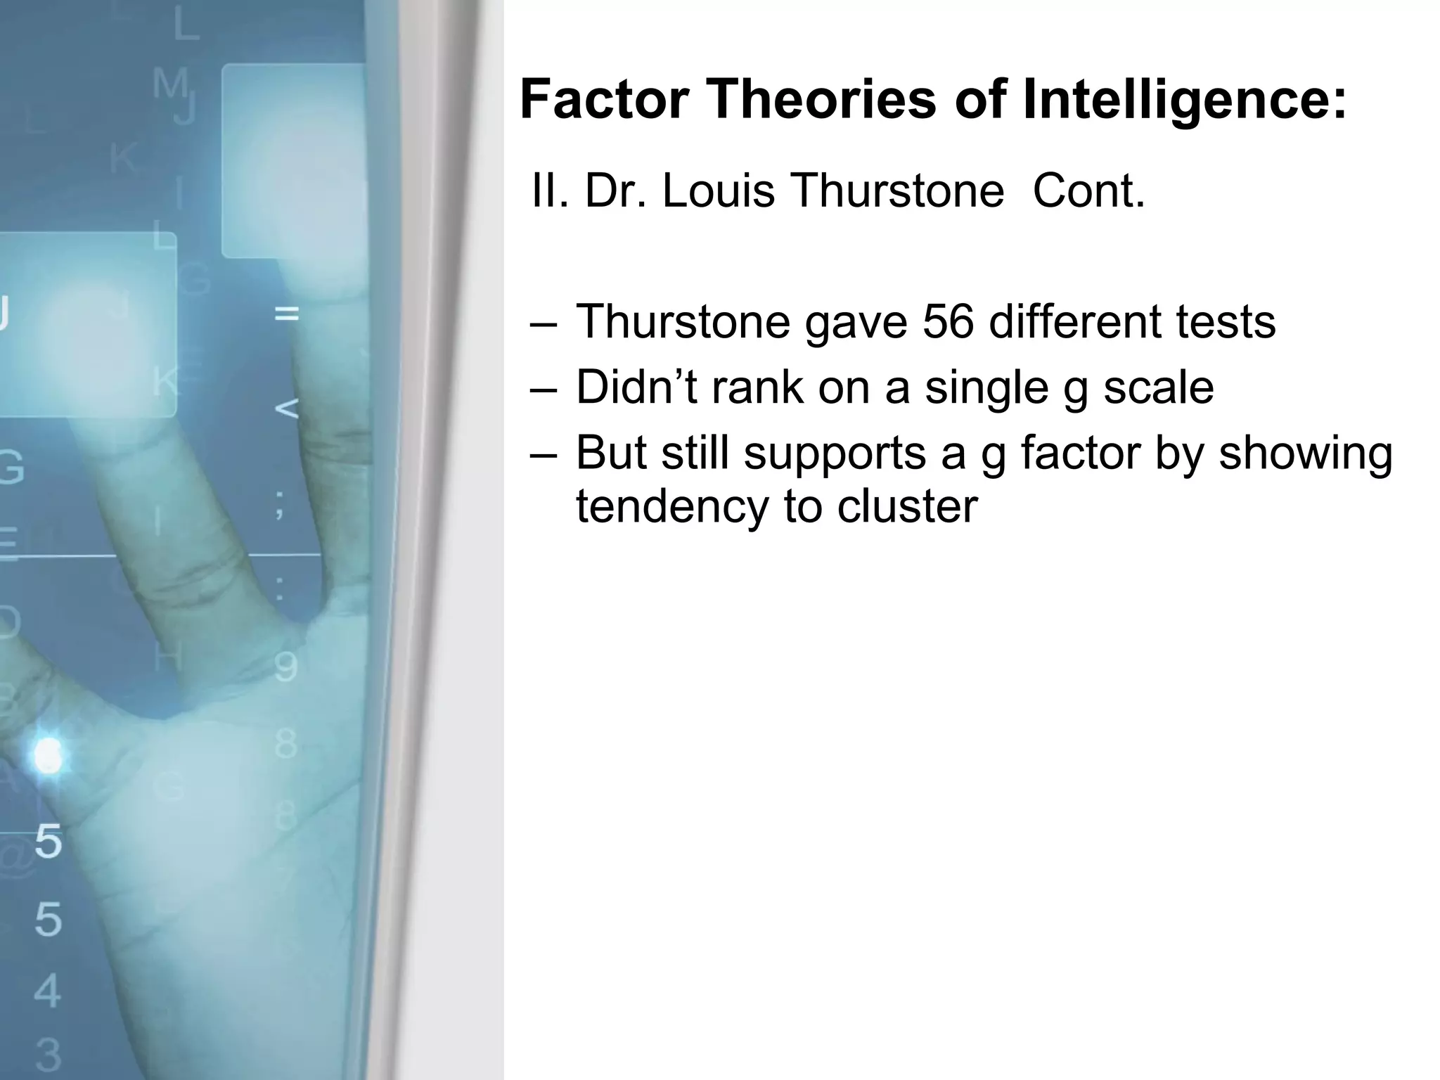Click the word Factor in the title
[604, 99]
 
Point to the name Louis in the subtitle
[718, 191]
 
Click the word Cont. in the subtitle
[1088, 191]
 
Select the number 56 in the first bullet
[948, 321]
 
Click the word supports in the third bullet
[835, 454]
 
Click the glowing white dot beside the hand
[48, 756]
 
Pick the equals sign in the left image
[286, 314]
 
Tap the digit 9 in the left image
[285, 667]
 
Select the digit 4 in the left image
[47, 991]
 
